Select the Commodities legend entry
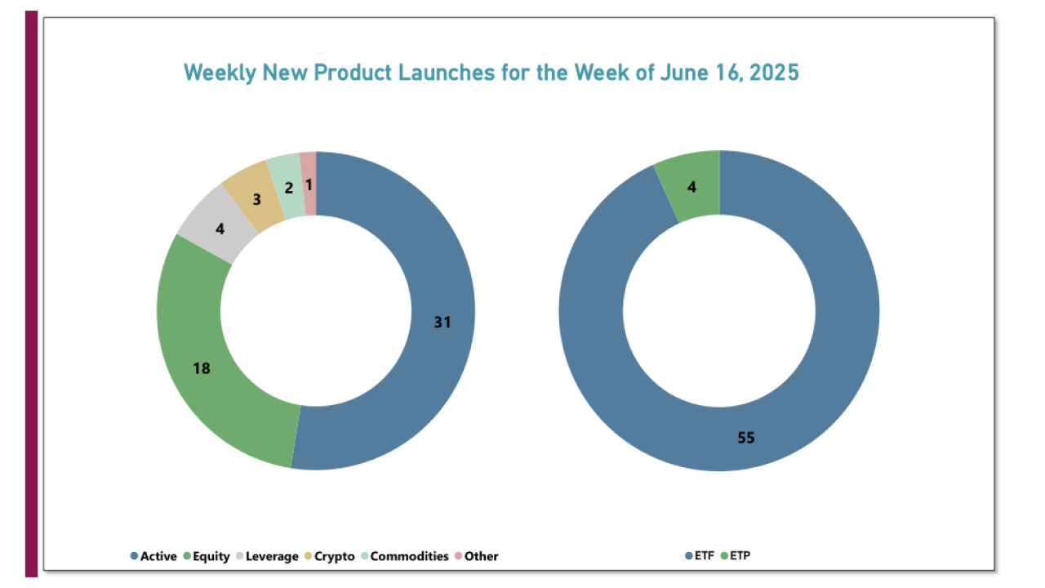click(x=404, y=556)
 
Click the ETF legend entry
click(x=699, y=556)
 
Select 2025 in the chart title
click(x=772, y=73)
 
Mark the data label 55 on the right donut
click(x=746, y=438)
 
